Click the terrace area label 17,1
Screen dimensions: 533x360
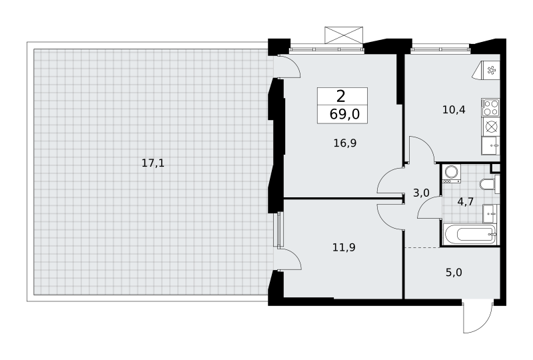(153, 163)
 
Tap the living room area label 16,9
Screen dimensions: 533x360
(344, 143)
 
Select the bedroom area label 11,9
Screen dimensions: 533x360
(344, 247)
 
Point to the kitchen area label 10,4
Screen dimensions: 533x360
(454, 109)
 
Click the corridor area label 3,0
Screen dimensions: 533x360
(421, 193)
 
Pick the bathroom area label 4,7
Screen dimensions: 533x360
(465, 202)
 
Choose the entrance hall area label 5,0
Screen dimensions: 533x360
(454, 273)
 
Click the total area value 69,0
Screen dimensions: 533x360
(344, 115)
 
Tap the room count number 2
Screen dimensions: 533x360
(341, 97)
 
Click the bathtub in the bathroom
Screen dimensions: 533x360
(470, 234)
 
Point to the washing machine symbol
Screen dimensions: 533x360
(452, 174)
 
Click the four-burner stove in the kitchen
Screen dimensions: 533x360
(490, 107)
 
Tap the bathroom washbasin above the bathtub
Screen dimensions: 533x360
(490, 214)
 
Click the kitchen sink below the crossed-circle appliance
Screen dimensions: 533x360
(490, 145)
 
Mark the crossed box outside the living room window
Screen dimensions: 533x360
(344, 35)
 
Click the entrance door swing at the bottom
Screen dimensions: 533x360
(478, 317)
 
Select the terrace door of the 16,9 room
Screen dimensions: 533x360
(288, 67)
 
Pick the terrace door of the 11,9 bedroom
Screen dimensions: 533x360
(288, 259)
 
